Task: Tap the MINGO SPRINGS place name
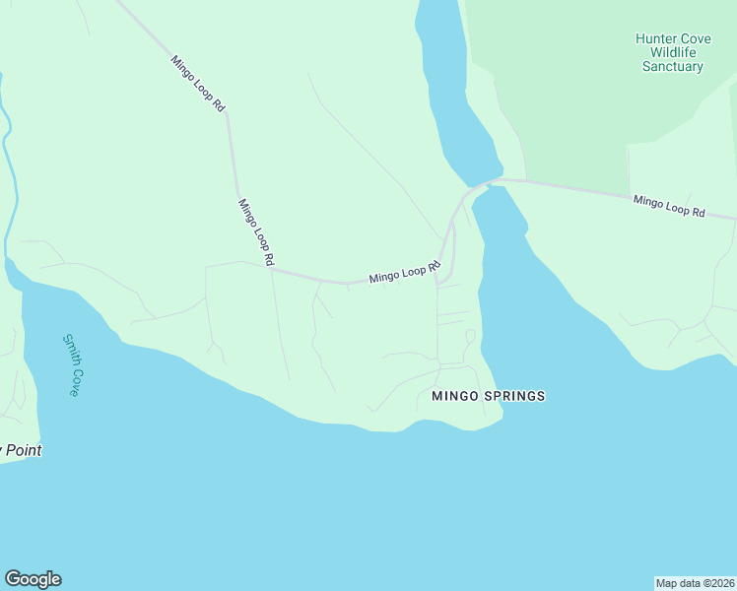(x=488, y=396)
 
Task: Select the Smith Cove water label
(x=71, y=364)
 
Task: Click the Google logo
(x=33, y=579)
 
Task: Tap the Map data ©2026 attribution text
(x=695, y=582)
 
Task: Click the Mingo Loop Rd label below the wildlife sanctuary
(x=669, y=206)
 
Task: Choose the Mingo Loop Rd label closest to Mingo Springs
(x=403, y=273)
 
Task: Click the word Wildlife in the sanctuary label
(x=673, y=53)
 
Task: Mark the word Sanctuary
(x=673, y=67)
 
